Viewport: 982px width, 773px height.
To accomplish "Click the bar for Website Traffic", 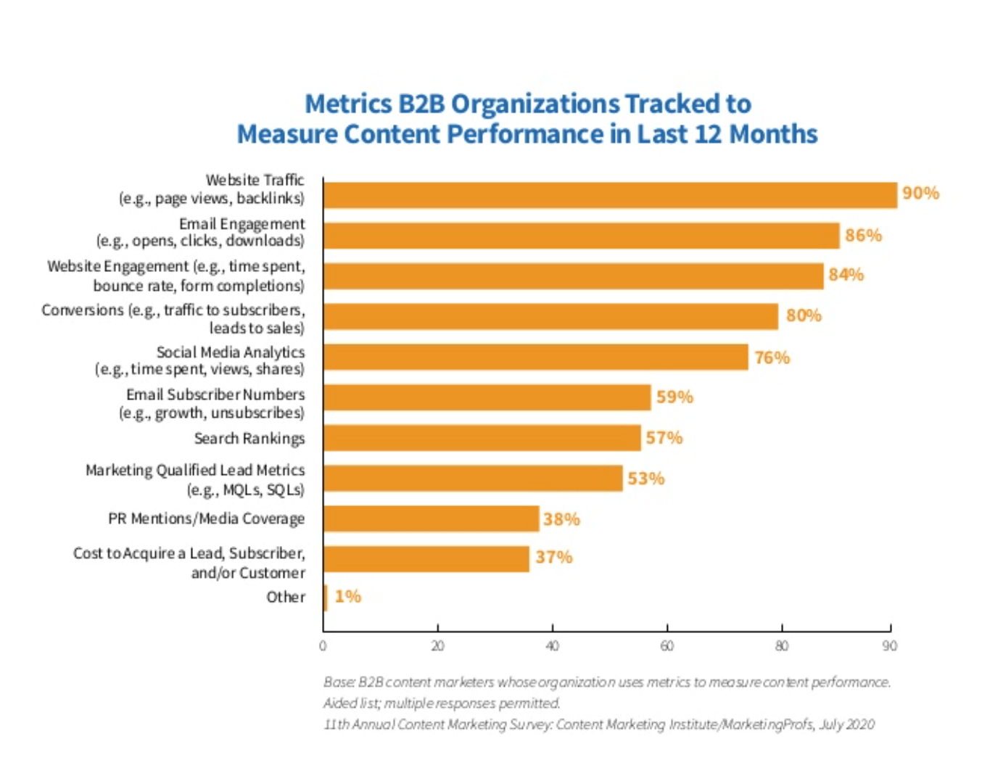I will pos(610,195).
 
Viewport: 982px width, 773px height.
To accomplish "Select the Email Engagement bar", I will pos(581,236).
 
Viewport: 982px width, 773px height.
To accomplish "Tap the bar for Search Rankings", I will pos(482,438).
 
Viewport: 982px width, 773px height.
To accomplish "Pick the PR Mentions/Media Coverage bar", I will pos(431,519).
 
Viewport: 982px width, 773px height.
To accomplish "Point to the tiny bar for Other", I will pos(326,598).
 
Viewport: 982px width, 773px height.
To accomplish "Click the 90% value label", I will pos(920,193).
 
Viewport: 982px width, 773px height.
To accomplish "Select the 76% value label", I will pos(772,357).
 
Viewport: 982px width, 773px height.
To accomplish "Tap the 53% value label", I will pos(645,479).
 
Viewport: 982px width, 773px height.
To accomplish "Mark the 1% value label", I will pos(347,596).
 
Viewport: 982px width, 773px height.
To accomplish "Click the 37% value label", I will pos(553,557).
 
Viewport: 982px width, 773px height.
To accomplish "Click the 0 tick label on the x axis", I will pos(323,645).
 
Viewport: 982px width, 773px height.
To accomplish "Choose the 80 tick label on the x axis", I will pos(781,645).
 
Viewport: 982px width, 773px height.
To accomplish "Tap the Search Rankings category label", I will pos(249,438).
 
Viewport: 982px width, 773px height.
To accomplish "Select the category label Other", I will pos(285,597).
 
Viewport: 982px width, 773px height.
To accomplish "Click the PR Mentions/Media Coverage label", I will pos(206,518).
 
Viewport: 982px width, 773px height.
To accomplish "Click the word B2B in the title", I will pos(421,104).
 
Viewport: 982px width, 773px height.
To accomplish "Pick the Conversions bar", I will pos(550,317).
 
